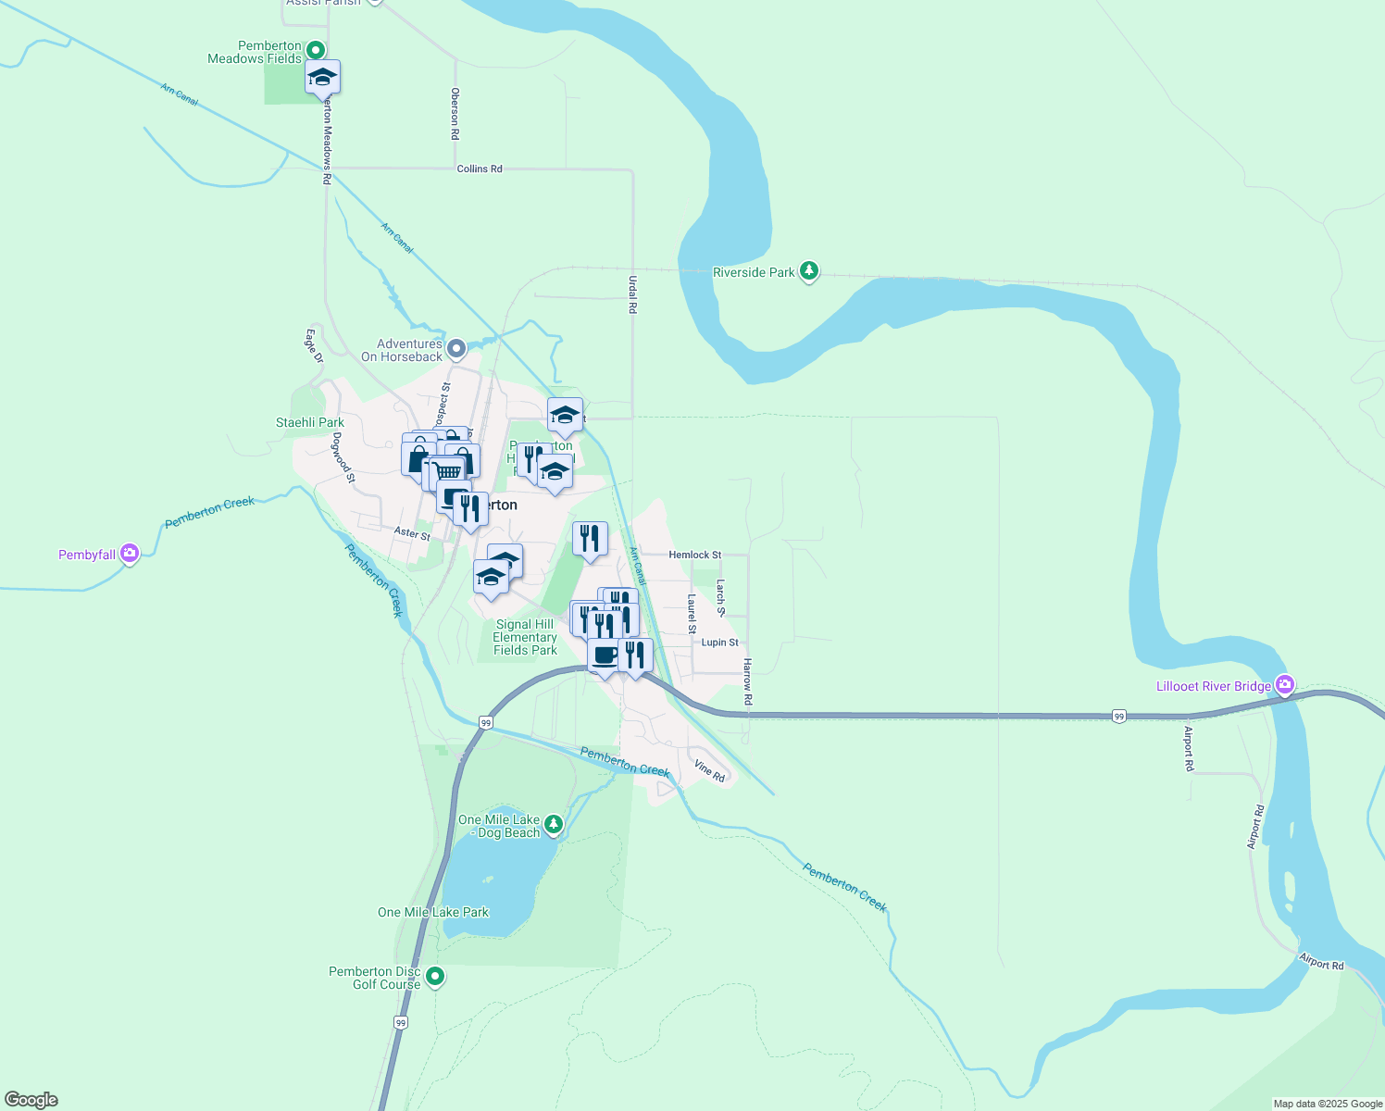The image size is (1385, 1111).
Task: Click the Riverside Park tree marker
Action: (809, 271)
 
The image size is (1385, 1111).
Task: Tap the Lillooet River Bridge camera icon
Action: (1284, 686)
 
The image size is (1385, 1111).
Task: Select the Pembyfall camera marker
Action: (130, 555)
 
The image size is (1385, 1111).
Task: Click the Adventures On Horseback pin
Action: (455, 349)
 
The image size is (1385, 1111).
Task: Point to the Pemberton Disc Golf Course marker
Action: (434, 977)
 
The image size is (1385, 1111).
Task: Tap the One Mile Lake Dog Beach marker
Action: (553, 824)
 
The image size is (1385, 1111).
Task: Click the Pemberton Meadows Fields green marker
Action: (316, 50)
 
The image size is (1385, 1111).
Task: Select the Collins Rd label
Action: (480, 169)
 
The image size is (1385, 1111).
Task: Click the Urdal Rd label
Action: (633, 294)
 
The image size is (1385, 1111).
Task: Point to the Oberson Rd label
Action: (455, 113)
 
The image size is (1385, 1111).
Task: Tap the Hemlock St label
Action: (695, 555)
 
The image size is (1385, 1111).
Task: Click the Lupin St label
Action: (720, 642)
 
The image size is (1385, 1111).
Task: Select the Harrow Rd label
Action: (748, 681)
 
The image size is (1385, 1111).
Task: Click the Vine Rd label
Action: (710, 771)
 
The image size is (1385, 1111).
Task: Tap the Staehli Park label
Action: (310, 422)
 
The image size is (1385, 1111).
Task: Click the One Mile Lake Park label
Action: (433, 912)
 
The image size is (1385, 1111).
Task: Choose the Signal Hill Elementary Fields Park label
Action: (525, 637)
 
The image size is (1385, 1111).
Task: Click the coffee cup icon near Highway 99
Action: (605, 655)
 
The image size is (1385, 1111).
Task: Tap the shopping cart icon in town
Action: (448, 471)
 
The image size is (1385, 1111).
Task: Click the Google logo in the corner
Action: (31, 1100)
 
